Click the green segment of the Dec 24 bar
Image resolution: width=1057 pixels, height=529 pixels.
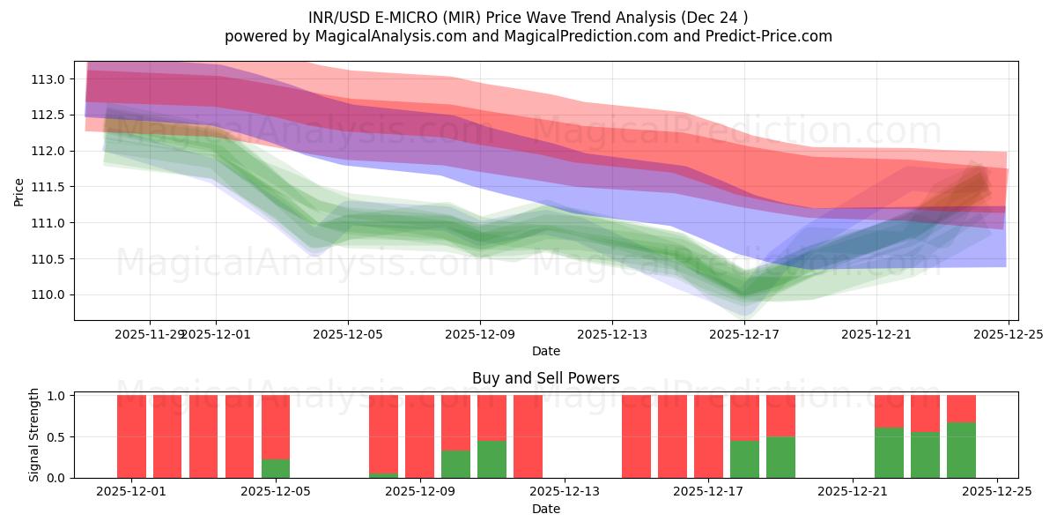(961, 450)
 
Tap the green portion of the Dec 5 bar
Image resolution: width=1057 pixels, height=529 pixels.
(276, 468)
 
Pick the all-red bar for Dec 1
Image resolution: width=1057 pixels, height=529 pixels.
(131, 436)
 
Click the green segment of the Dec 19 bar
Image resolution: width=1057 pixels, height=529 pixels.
(780, 457)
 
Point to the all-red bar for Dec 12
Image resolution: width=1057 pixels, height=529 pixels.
(528, 436)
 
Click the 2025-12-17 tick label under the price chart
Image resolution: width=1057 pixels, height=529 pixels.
(744, 334)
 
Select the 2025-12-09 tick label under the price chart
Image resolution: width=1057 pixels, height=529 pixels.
(480, 334)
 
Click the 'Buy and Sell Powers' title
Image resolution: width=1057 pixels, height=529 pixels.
(545, 378)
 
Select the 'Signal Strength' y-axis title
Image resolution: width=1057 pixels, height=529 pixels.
(34, 435)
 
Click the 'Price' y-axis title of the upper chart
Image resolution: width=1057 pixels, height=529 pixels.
(19, 190)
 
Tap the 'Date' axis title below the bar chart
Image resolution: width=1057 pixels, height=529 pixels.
(545, 509)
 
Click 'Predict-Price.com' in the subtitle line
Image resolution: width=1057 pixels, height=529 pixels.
(768, 36)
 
